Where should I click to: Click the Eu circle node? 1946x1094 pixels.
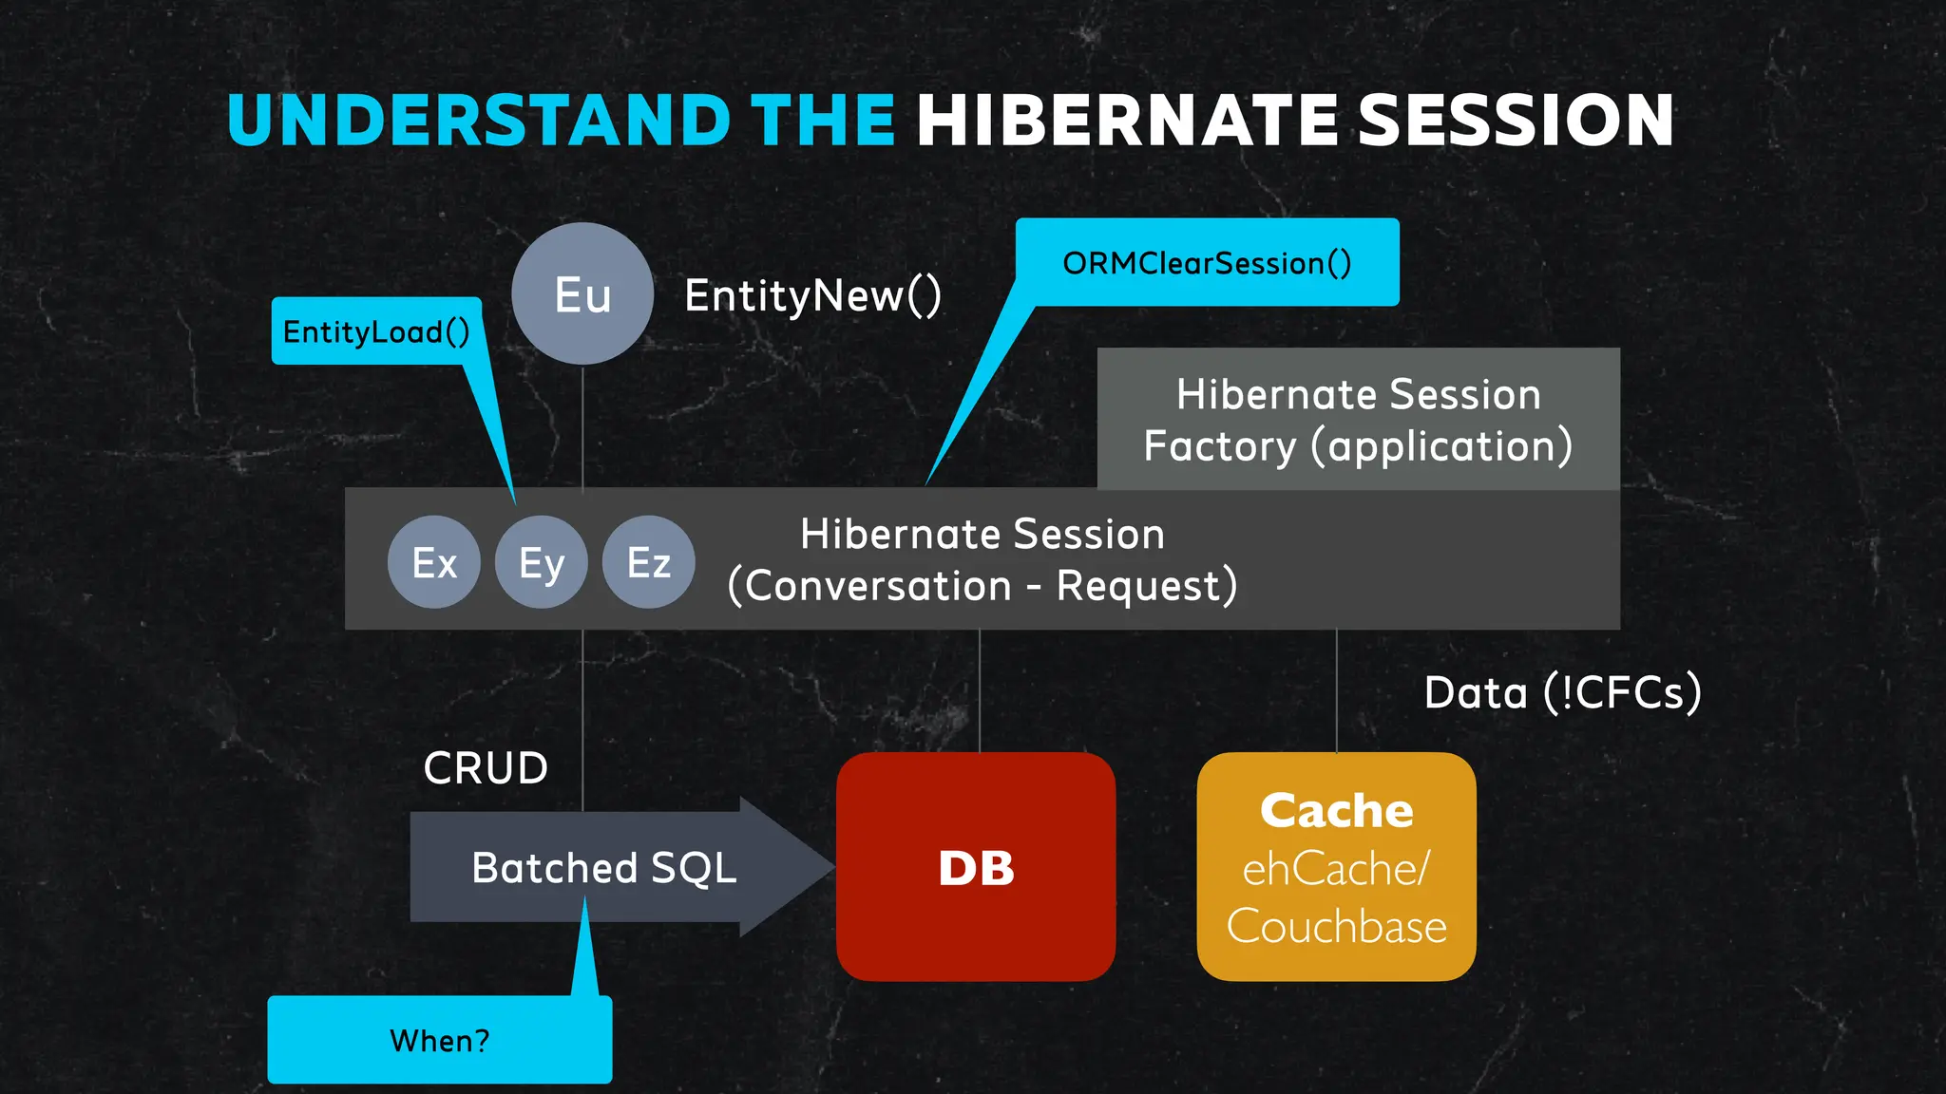pyautogui.click(x=582, y=293)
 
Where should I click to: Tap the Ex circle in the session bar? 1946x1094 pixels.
pyautogui.click(x=434, y=562)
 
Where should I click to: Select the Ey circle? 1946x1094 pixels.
pyautogui.click(x=542, y=562)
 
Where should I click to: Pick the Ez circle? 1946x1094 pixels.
pyautogui.click(x=649, y=562)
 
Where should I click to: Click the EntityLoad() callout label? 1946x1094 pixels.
pyautogui.click(x=376, y=331)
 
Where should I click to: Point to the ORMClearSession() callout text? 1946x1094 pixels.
pyautogui.click(x=1207, y=263)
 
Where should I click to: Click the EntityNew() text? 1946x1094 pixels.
pyautogui.click(x=812, y=295)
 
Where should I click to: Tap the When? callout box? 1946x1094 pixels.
pyautogui.click(x=440, y=1041)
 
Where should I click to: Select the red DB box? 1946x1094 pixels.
pyautogui.click(x=976, y=867)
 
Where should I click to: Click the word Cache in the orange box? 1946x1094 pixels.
pyautogui.click(x=1336, y=811)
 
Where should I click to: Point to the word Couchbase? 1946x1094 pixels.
pyautogui.click(x=1336, y=926)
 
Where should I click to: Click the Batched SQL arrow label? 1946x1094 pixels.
pyautogui.click(x=604, y=867)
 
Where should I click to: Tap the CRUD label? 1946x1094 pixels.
pyautogui.click(x=486, y=767)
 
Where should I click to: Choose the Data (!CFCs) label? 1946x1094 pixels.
pyautogui.click(x=1562, y=692)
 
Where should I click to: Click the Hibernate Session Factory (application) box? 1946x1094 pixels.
pyautogui.click(x=1358, y=420)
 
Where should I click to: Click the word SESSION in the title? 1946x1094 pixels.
pyautogui.click(x=1516, y=121)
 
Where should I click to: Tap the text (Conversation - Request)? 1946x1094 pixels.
pyautogui.click(x=983, y=586)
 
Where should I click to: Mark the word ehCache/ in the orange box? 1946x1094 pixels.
pyautogui.click(x=1336, y=869)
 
